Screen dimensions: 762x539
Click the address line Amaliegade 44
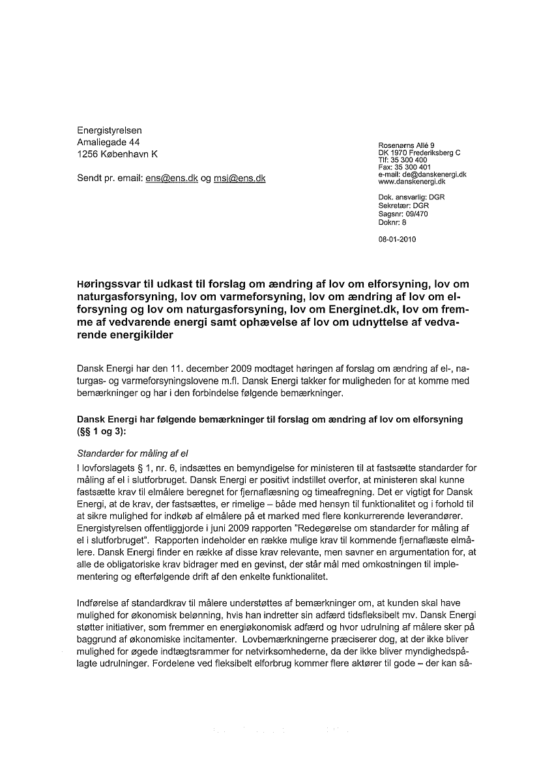click(108, 142)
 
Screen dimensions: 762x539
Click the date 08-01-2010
click(397, 239)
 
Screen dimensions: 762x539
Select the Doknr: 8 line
click(392, 221)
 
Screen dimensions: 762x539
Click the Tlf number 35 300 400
click(409, 160)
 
